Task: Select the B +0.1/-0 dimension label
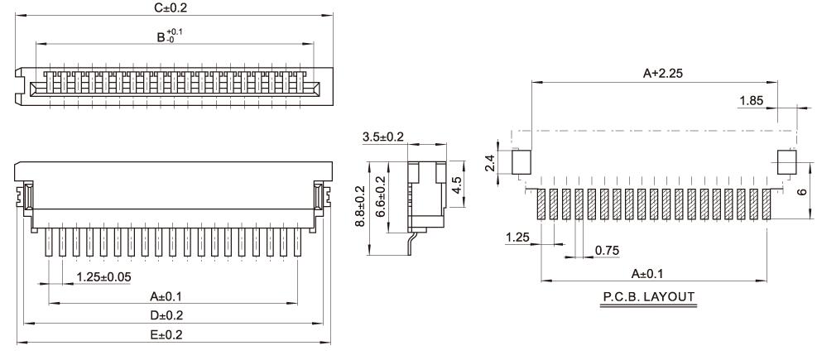tap(171, 36)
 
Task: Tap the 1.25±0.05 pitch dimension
tap(103, 276)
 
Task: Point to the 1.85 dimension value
tap(751, 101)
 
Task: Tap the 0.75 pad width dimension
tap(607, 250)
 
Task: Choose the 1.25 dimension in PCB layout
tap(517, 238)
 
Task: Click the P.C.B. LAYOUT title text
tap(647, 295)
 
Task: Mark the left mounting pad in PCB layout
tap(521, 161)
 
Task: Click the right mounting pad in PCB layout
tap(786, 161)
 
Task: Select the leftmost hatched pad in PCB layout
tap(542, 204)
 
